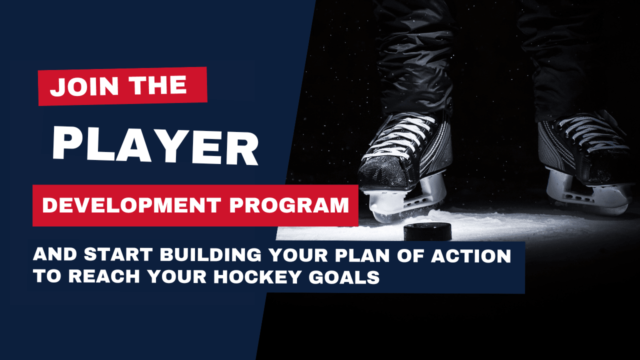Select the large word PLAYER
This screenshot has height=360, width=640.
[x=155, y=147]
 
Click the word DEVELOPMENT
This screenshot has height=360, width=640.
[x=131, y=205]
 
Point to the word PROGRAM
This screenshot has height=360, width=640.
[x=289, y=205]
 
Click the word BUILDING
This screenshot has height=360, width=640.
[x=210, y=255]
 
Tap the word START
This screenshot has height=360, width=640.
[x=117, y=255]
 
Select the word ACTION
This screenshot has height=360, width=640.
[x=471, y=255]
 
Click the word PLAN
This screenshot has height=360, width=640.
[x=362, y=255]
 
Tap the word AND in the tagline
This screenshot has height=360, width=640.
[x=54, y=255]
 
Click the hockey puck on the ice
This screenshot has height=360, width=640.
[x=427, y=231]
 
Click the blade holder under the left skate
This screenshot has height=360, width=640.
[x=405, y=200]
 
